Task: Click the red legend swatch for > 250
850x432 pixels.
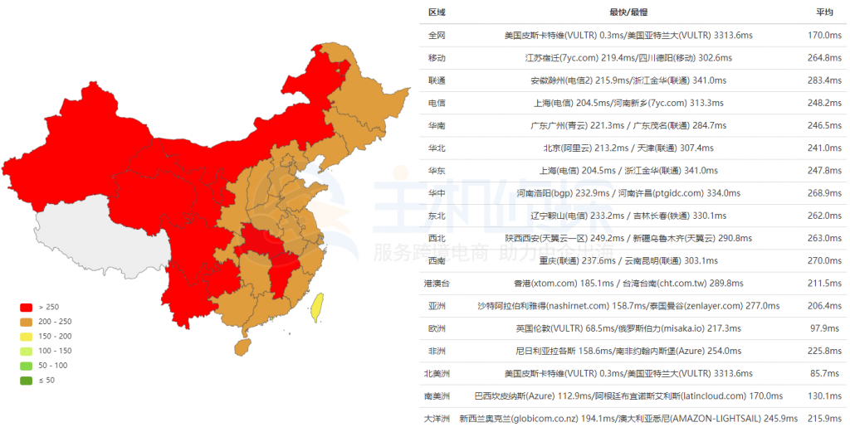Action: click(x=26, y=307)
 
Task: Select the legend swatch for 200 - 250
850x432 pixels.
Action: click(x=26, y=322)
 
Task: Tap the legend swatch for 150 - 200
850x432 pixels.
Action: click(x=26, y=336)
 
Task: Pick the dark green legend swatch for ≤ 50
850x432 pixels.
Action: click(x=26, y=380)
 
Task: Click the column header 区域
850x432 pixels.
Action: click(x=437, y=12)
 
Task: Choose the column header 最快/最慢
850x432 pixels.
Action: click(x=628, y=12)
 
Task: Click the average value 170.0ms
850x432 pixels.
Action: click(x=824, y=36)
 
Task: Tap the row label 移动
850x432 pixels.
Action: click(x=437, y=58)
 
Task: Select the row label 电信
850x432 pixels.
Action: click(x=437, y=103)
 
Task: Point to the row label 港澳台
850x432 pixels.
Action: click(x=437, y=284)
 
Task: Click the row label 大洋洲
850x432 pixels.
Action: click(x=437, y=419)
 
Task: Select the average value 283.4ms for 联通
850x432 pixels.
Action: click(x=824, y=80)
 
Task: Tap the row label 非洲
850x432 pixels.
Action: click(x=437, y=351)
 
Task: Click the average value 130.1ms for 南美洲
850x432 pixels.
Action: click(x=824, y=396)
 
